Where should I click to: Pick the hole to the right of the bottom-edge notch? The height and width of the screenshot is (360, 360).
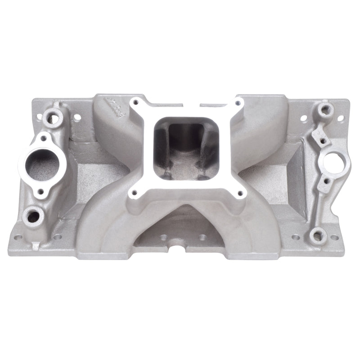point(203,237)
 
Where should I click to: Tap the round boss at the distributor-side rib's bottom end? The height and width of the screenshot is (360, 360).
point(318,234)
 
